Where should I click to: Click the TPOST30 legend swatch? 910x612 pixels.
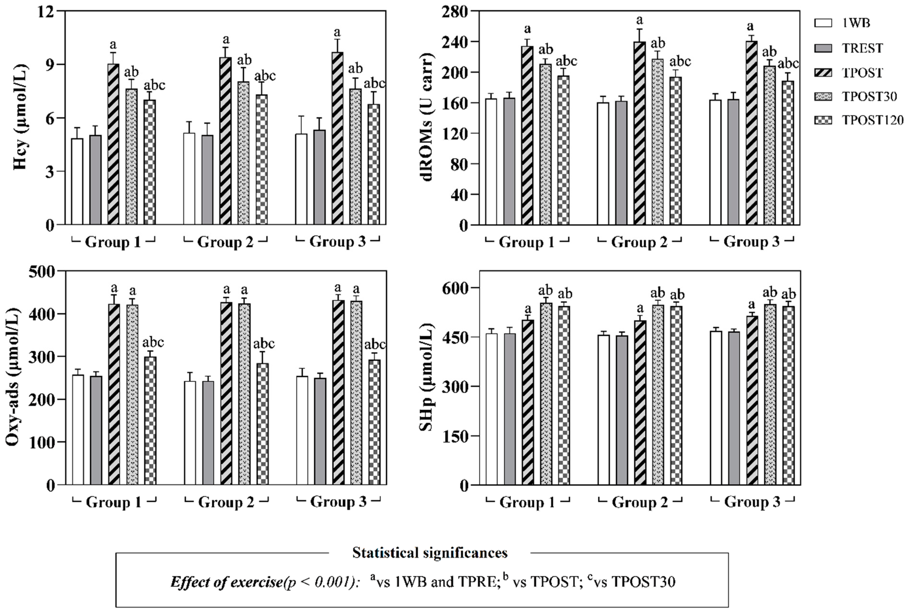point(823,96)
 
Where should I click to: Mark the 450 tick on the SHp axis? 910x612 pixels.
point(455,337)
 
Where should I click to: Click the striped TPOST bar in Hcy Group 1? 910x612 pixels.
point(113,144)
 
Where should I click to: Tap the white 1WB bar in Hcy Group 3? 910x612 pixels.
point(301,180)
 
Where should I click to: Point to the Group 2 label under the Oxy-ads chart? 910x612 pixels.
point(226,502)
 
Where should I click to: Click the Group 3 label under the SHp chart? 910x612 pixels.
point(752,502)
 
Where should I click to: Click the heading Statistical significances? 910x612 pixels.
point(430,553)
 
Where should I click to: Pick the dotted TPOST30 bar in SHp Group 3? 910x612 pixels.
point(770,394)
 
